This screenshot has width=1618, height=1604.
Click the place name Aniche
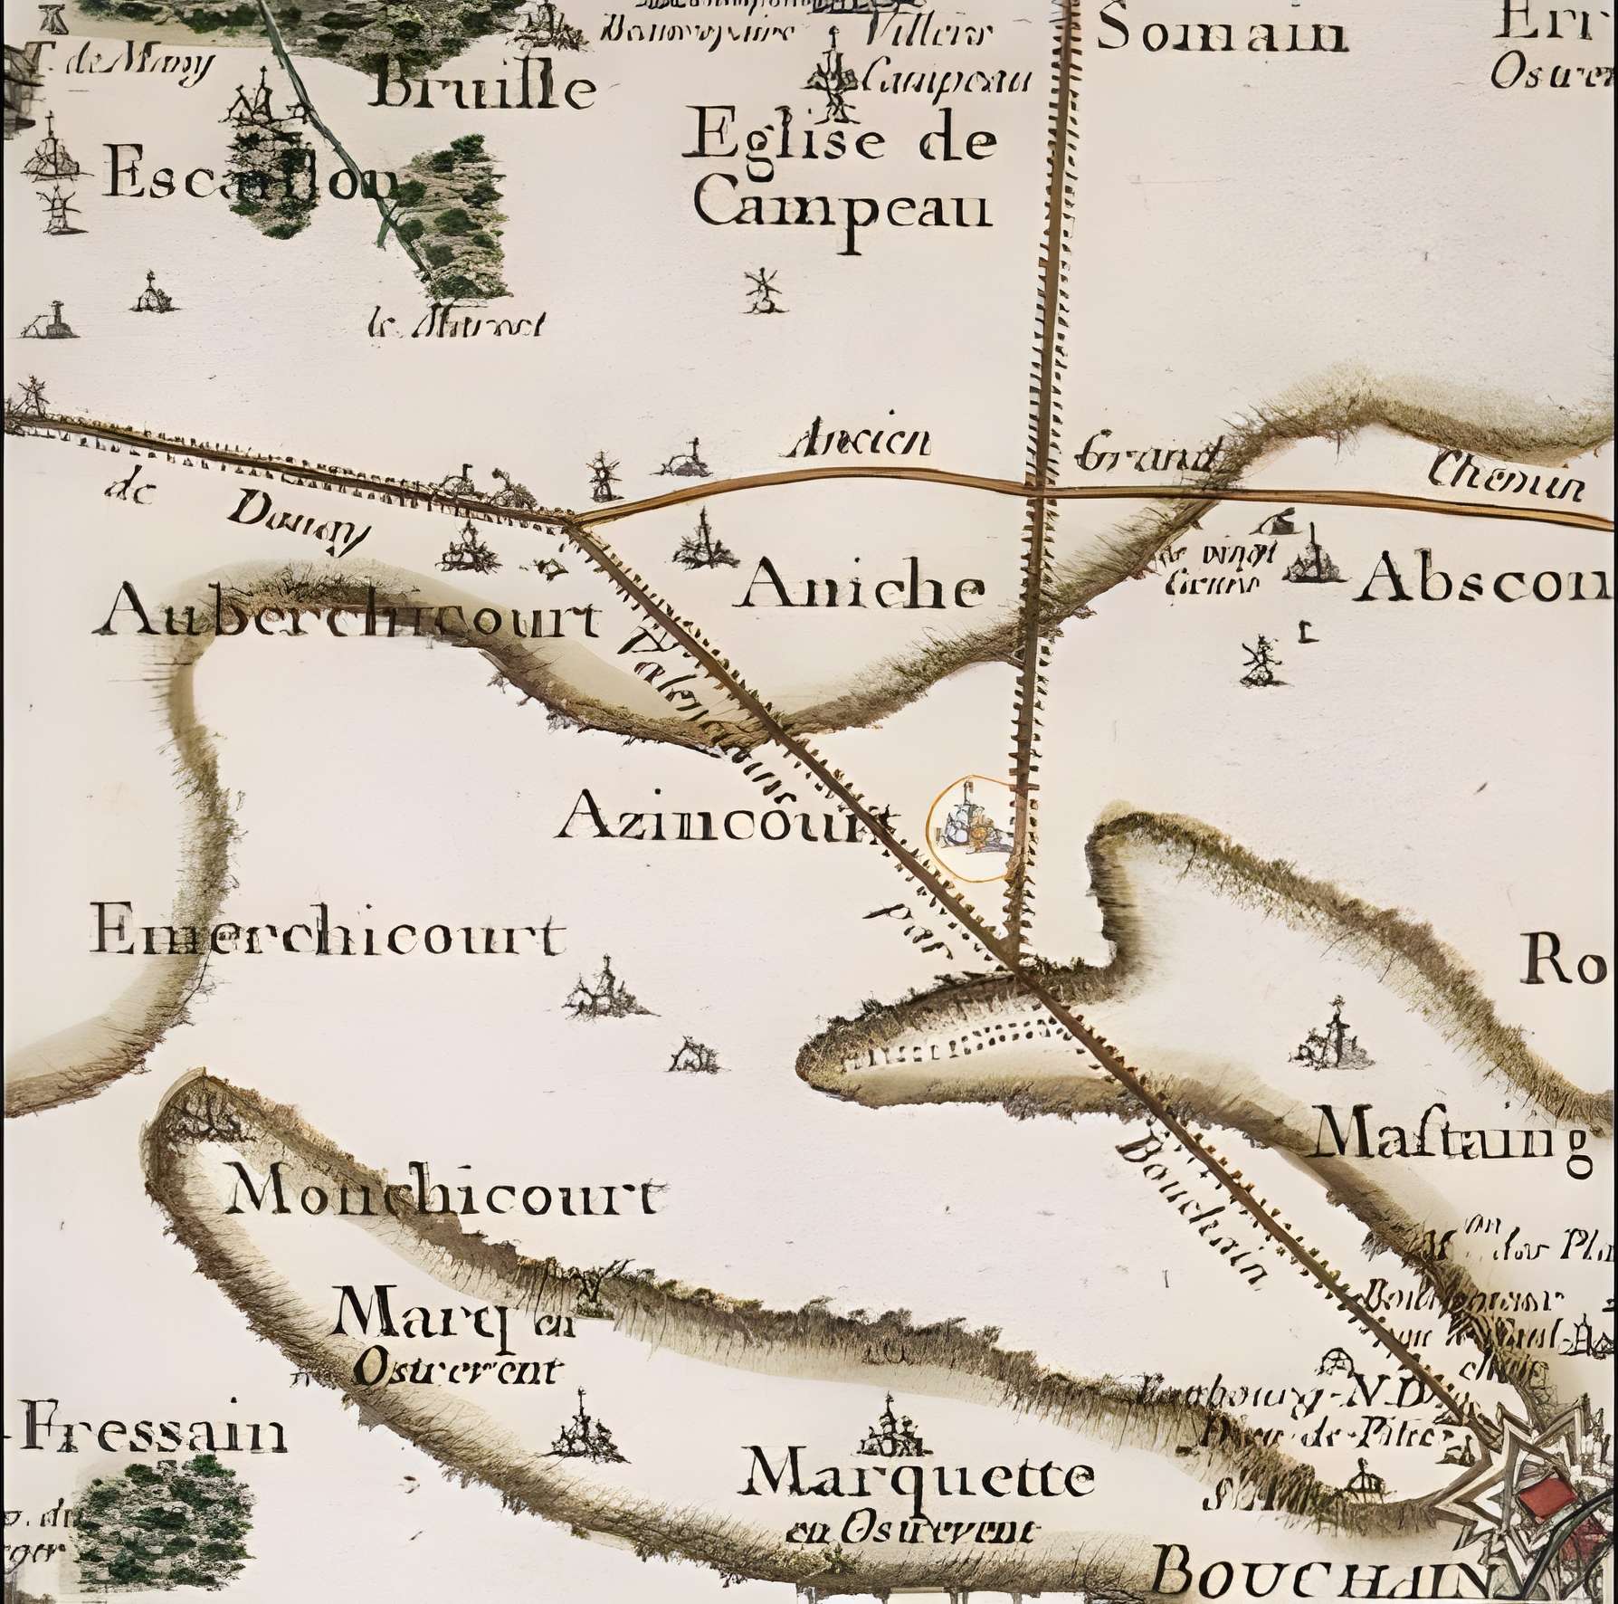862,589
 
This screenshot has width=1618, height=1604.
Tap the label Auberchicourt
348,619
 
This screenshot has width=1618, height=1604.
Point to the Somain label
1222,33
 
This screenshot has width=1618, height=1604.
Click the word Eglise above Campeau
777,141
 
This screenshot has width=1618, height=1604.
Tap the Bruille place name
485,88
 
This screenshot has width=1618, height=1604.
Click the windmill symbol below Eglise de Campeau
764,291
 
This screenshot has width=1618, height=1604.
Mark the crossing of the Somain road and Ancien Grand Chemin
1041,490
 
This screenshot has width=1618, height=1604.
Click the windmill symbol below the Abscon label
1260,661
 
